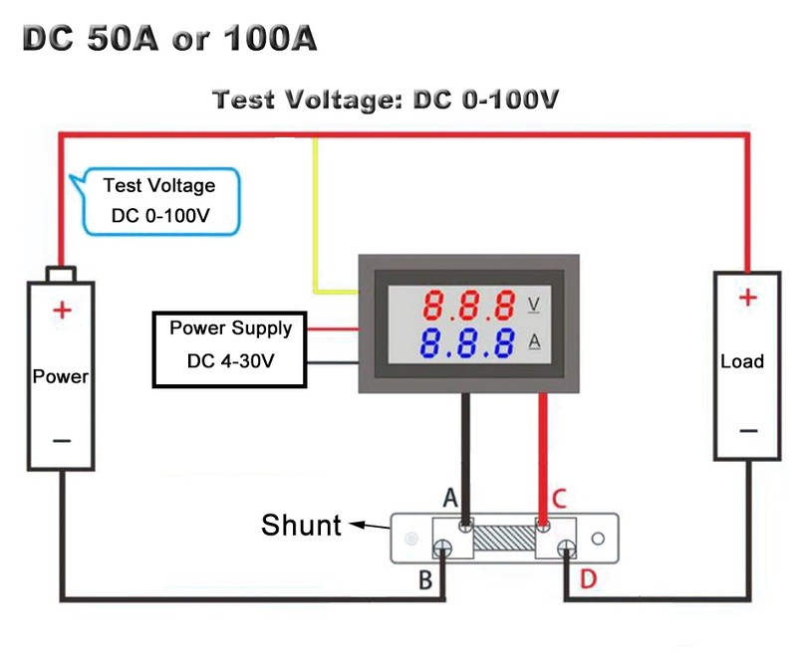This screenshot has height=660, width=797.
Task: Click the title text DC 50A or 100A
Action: tap(168, 39)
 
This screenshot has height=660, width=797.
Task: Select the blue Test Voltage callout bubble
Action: tap(159, 200)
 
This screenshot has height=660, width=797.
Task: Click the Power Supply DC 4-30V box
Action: tap(229, 349)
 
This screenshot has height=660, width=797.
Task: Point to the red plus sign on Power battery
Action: tap(62, 311)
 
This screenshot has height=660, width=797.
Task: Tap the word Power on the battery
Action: tap(61, 377)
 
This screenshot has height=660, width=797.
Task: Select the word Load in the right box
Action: tap(742, 361)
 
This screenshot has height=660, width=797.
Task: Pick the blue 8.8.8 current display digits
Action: tap(467, 343)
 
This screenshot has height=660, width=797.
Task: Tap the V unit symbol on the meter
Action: tap(533, 303)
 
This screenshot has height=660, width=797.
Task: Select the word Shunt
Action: tap(301, 525)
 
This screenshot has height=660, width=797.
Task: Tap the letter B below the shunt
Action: tap(425, 580)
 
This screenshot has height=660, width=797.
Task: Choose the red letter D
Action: tap(588, 578)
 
